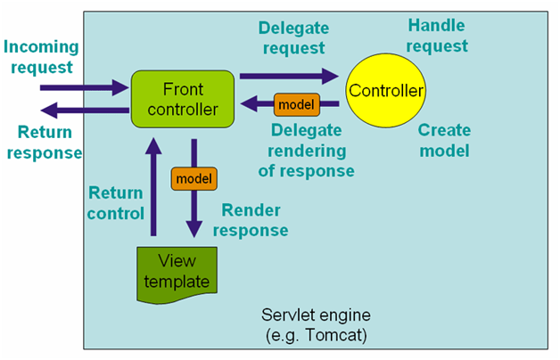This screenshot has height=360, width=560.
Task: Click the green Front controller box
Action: pos(183,98)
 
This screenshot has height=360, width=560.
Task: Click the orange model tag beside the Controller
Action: pos(296,104)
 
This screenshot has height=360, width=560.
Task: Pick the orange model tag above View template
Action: pos(194,178)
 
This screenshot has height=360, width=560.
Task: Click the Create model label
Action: pos(444,140)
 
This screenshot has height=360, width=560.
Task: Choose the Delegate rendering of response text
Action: pos(311,150)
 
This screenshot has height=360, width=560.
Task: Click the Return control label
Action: pos(115,202)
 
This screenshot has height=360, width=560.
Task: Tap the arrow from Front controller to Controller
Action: pos(288,77)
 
